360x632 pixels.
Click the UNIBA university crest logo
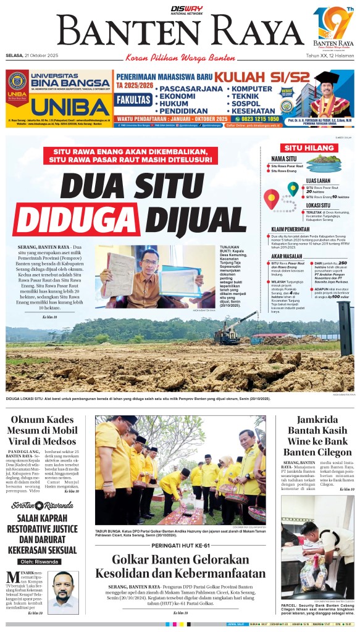pos(17,84)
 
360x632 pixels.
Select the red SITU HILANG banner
pos(300,148)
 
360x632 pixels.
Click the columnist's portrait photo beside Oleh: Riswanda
pos(65,589)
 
